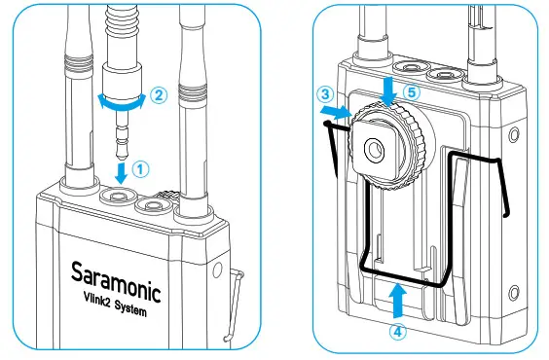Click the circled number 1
(142, 167)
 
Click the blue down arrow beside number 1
(119, 173)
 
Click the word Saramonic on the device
(115, 275)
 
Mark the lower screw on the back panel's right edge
(512, 290)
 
